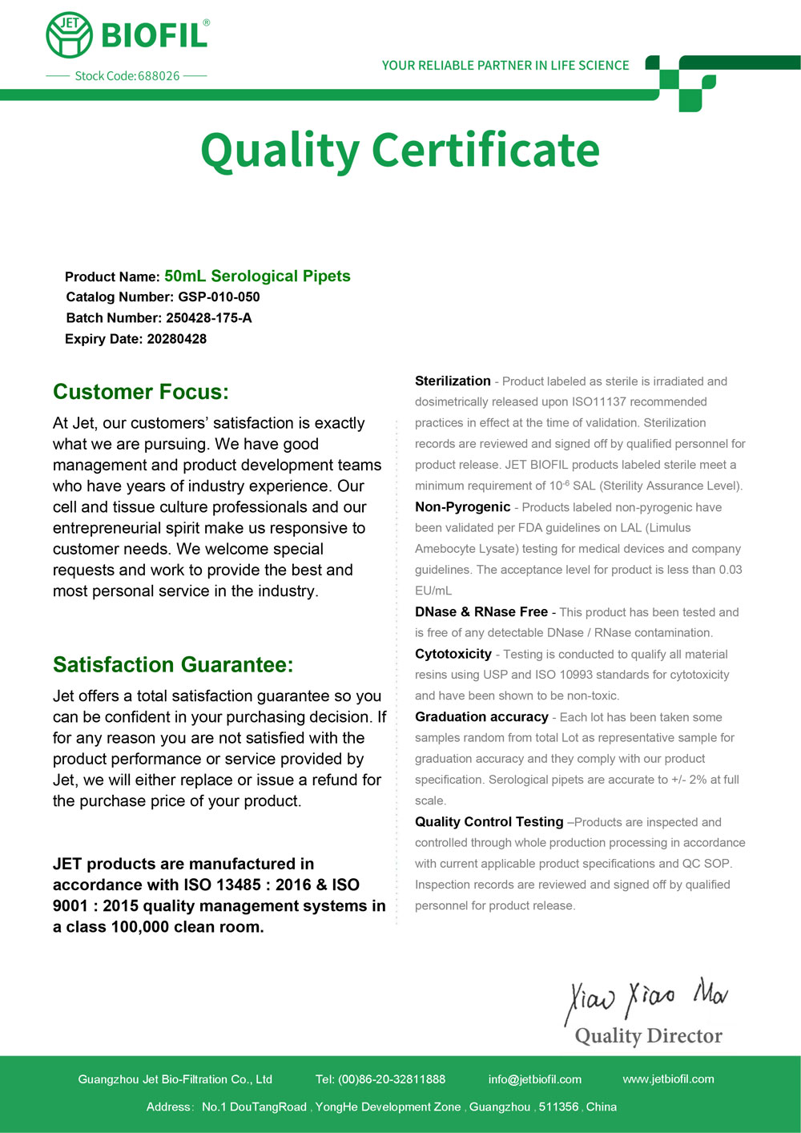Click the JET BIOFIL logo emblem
[x=70, y=35]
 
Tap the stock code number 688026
[x=159, y=76]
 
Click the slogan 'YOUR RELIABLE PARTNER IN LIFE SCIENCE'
[x=505, y=66]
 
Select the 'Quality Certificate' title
[x=400, y=150]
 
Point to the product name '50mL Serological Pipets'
[x=257, y=276]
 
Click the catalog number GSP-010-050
[x=219, y=297]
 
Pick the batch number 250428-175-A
[x=208, y=318]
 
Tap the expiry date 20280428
[x=176, y=339]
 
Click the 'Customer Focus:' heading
[x=141, y=392]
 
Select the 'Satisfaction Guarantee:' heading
[x=173, y=665]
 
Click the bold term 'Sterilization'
[x=453, y=381]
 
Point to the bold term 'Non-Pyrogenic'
[x=462, y=507]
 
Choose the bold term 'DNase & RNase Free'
[x=481, y=612]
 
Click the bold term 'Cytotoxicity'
[x=453, y=654]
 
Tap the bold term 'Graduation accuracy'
[x=481, y=717]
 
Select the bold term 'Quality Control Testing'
[x=489, y=822]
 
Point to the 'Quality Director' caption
[x=648, y=1036]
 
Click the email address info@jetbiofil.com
[x=534, y=1079]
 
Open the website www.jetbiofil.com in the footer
[x=668, y=1079]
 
